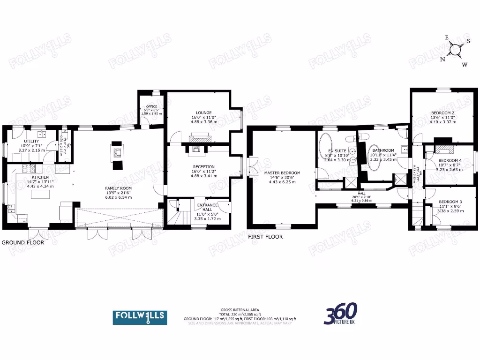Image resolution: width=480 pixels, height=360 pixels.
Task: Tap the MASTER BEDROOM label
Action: click(x=282, y=173)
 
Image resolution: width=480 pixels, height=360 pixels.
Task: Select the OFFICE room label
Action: click(x=151, y=105)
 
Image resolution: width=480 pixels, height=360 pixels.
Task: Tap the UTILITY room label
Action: click(x=31, y=141)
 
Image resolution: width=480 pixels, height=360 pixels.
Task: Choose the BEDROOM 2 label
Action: click(x=442, y=113)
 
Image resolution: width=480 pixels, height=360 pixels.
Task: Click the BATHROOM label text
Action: click(x=382, y=150)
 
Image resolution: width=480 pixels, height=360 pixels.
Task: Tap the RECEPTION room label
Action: click(x=203, y=166)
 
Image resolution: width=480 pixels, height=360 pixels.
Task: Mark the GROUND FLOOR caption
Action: click(x=23, y=243)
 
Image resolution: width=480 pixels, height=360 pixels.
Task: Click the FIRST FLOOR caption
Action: click(x=265, y=237)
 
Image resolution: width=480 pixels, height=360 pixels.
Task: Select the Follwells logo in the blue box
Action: click(x=140, y=317)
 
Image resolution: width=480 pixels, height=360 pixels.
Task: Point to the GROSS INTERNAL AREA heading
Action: click(x=240, y=310)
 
